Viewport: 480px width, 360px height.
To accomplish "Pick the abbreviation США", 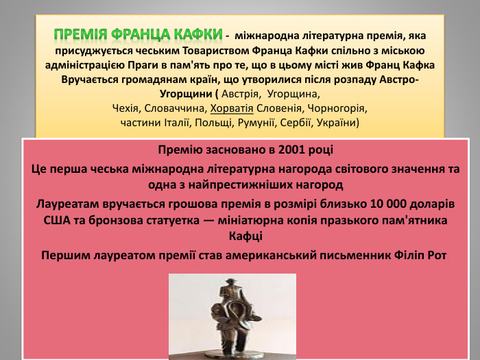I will pos(58,221).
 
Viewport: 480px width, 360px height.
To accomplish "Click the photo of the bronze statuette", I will pos(232,315).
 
